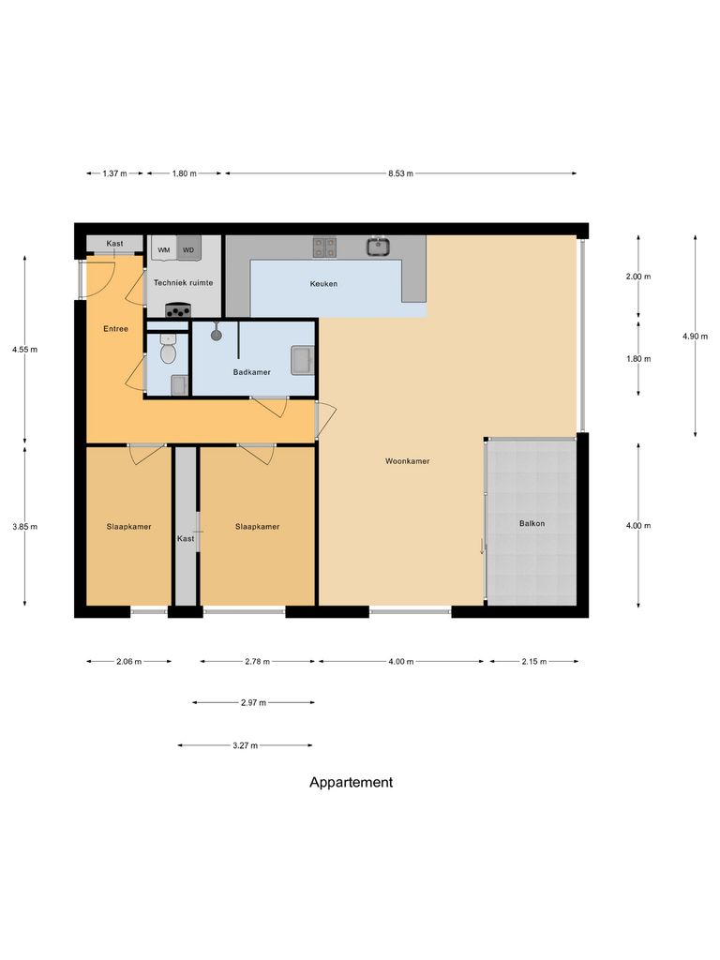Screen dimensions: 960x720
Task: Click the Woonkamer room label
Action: pos(408,461)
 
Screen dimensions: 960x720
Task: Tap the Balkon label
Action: pos(532,523)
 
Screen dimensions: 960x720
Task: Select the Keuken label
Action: pos(324,283)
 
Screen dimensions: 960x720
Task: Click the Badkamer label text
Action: pos(252,372)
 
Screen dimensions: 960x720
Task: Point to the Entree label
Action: pos(115,329)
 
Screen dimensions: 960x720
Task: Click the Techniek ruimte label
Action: pos(183,282)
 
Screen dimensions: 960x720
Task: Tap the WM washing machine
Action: pos(164,249)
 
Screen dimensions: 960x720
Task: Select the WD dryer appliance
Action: pos(188,249)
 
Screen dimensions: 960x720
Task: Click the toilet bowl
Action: pos(169,352)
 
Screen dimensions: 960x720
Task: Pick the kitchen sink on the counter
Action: pos(379,247)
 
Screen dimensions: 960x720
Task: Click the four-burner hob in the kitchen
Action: pos(324,247)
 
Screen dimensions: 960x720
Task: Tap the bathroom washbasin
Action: pos(302,359)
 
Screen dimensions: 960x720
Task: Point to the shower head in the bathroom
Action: pos(217,333)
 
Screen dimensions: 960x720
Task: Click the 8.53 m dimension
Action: pos(400,173)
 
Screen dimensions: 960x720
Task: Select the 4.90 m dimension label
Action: pos(696,337)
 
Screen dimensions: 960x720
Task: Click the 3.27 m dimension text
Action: pos(245,746)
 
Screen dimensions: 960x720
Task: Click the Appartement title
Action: pos(352,782)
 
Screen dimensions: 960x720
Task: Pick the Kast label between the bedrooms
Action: pos(186,539)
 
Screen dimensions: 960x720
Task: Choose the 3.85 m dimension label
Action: pos(25,527)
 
